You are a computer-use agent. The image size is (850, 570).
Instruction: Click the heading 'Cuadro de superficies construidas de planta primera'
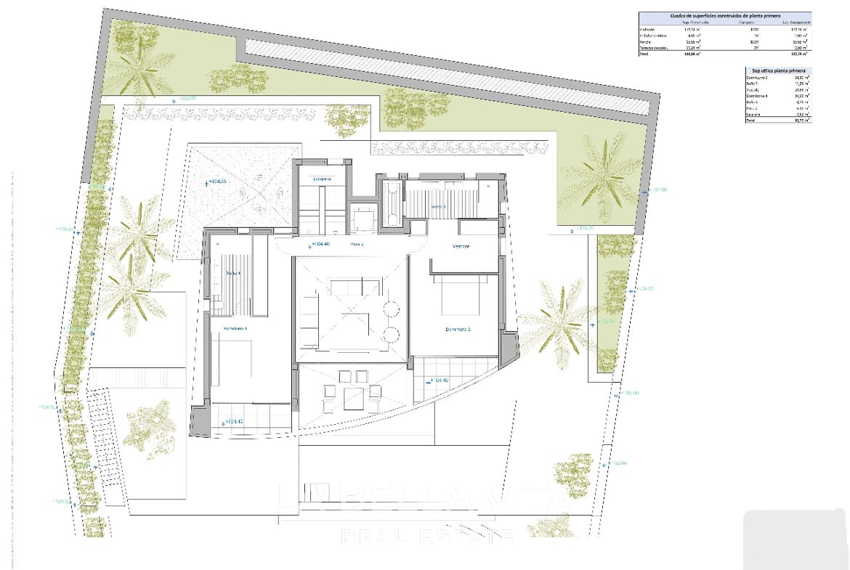pyautogui.click(x=724, y=15)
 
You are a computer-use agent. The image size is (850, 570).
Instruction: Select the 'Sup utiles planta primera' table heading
pyautogui.click(x=777, y=70)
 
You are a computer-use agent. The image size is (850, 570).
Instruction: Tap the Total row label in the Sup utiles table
pyautogui.click(x=751, y=121)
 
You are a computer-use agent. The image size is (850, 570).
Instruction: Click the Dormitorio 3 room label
pyautogui.click(x=458, y=329)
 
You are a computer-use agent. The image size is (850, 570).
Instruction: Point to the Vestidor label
pyautogui.click(x=461, y=246)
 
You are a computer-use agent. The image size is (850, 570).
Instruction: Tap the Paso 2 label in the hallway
pyautogui.click(x=356, y=245)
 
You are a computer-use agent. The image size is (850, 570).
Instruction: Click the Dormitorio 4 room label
pyautogui.click(x=234, y=329)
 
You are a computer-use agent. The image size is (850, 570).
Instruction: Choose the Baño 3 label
pyautogui.click(x=437, y=206)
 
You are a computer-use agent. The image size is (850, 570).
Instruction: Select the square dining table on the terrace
pyautogui.click(x=354, y=396)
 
